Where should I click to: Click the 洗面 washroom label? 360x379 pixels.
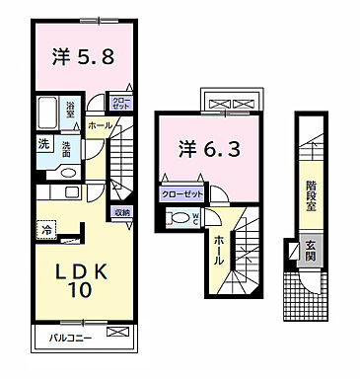click(x=66, y=149)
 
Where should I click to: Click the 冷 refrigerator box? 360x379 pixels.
click(x=47, y=229)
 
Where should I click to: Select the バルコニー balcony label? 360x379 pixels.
click(x=70, y=339)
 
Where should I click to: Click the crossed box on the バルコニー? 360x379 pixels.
click(x=118, y=338)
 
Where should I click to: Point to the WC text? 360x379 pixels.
click(x=196, y=218)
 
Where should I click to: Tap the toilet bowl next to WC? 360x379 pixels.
click(x=179, y=218)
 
